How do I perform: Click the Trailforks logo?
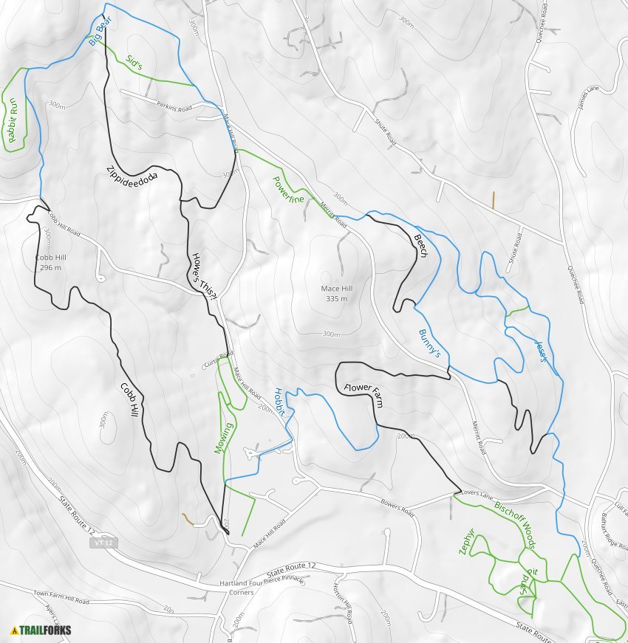click(41, 630)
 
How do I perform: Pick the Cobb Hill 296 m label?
click(50, 263)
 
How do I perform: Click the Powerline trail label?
click(288, 190)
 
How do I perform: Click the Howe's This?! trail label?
click(205, 276)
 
